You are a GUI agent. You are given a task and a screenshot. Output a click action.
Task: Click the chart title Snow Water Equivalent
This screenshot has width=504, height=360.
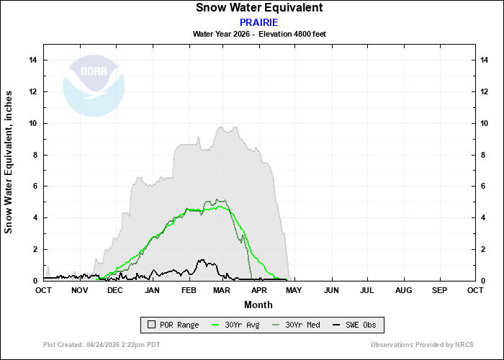coord(259,8)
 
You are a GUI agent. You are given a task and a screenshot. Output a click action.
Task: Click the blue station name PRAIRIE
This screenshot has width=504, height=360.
coord(259,22)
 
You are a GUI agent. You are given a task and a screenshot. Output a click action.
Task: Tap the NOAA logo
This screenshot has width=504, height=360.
coord(94,85)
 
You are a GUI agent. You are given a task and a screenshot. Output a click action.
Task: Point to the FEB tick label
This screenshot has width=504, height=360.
coord(189,290)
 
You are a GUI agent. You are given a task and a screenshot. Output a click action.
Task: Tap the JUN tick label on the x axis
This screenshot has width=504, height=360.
coord(332,290)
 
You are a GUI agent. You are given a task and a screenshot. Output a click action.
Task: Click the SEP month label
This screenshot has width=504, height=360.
coord(439,290)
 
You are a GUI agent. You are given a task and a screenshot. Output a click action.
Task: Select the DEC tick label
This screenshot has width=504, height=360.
coord(115,290)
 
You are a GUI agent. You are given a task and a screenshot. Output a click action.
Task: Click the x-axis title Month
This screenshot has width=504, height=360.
coord(258,304)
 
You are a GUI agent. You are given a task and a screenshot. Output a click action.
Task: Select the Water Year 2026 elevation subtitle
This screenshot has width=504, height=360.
coord(259,34)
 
